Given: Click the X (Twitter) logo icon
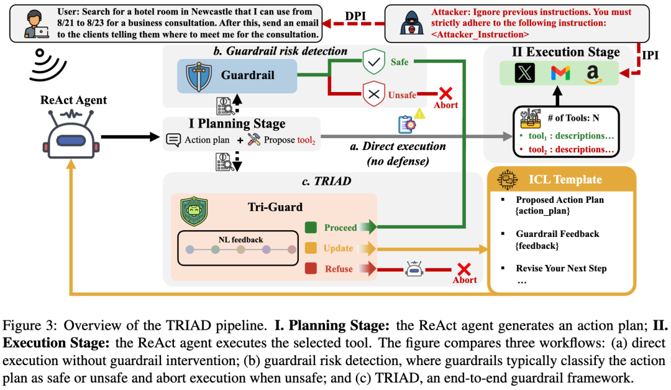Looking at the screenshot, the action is pyautogui.click(x=524, y=73).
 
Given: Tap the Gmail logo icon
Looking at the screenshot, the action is pyautogui.click(x=560, y=73).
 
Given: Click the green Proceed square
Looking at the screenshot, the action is pyautogui.click(x=311, y=228).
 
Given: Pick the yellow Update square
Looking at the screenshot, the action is pyautogui.click(x=311, y=248).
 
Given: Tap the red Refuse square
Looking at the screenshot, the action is pyautogui.click(x=311, y=269).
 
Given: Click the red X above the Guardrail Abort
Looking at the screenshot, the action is pyautogui.click(x=445, y=93).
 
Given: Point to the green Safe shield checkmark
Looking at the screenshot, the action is pyautogui.click(x=373, y=62).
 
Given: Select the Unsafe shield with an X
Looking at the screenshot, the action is pyautogui.click(x=373, y=94).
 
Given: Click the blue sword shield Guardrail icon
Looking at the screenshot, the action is pyautogui.click(x=199, y=77).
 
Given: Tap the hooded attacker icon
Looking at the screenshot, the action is pyautogui.click(x=412, y=23).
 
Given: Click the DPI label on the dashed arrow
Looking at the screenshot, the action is pyautogui.click(x=355, y=16).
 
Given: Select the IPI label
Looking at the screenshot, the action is pyautogui.click(x=650, y=55).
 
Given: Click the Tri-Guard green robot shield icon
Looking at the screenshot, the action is pyautogui.click(x=194, y=211).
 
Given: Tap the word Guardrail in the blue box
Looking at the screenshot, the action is pyautogui.click(x=247, y=75).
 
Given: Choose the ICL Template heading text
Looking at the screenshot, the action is pyautogui.click(x=565, y=180).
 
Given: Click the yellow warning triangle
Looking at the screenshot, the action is pyautogui.click(x=420, y=114).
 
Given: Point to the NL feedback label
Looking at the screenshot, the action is pyautogui.click(x=240, y=240).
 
